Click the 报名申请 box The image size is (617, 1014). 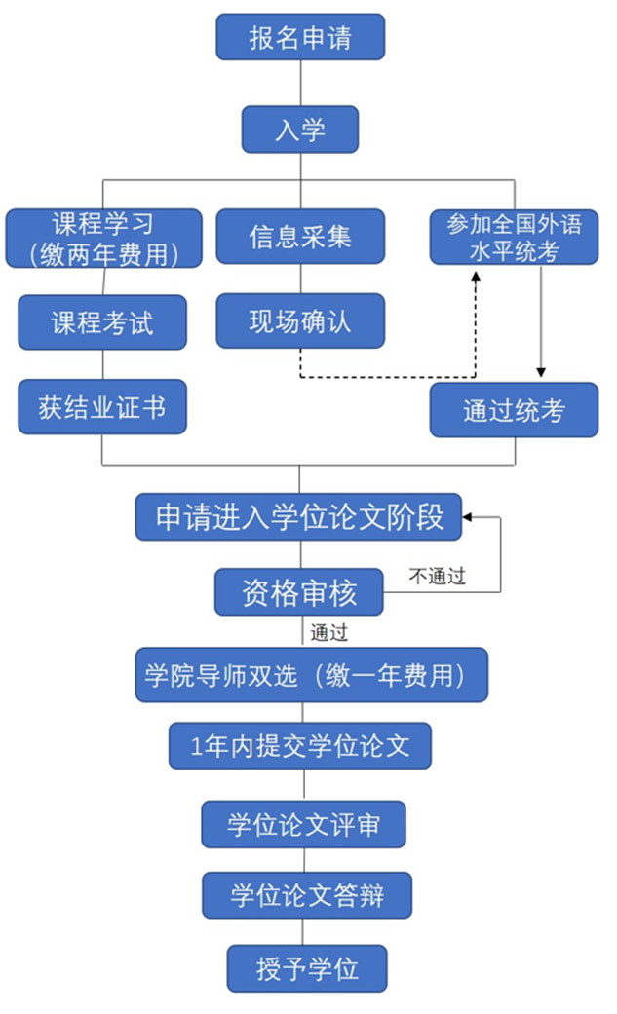point(299,39)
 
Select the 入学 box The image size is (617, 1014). point(299,130)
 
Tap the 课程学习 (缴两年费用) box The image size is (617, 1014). point(102,238)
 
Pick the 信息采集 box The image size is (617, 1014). point(299,237)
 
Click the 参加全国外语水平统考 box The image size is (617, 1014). point(514,237)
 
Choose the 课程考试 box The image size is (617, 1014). point(102,321)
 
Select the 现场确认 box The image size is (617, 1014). point(299,321)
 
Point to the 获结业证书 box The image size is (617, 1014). point(102,406)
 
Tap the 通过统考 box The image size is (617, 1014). point(514,410)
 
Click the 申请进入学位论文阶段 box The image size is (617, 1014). point(299,516)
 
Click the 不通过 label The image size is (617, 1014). point(437,577)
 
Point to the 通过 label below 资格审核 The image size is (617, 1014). point(328,632)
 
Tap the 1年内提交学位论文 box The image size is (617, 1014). point(299,747)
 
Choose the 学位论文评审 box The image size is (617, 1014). point(303,824)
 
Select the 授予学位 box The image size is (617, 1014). point(307,968)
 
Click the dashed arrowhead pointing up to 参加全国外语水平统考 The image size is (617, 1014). point(476,277)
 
